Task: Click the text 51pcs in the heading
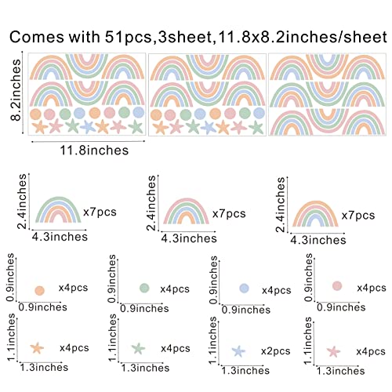(x=128, y=37)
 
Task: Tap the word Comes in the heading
(x=37, y=37)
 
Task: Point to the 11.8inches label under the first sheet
(x=94, y=151)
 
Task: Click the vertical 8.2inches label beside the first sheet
(x=16, y=89)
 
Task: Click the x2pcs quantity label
(x=276, y=351)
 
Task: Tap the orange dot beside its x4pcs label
(x=39, y=290)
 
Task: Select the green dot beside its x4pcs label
(x=144, y=288)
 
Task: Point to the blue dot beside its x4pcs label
(x=245, y=288)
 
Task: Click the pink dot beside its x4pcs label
(x=337, y=286)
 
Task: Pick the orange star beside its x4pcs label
(x=37, y=348)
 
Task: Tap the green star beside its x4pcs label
(x=138, y=349)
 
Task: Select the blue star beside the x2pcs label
(x=238, y=351)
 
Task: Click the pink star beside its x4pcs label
(x=333, y=351)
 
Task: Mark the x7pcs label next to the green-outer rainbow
(x=100, y=212)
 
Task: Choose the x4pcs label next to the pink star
(x=371, y=351)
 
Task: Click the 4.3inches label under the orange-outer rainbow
(x=318, y=240)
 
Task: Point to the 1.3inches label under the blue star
(x=245, y=371)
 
